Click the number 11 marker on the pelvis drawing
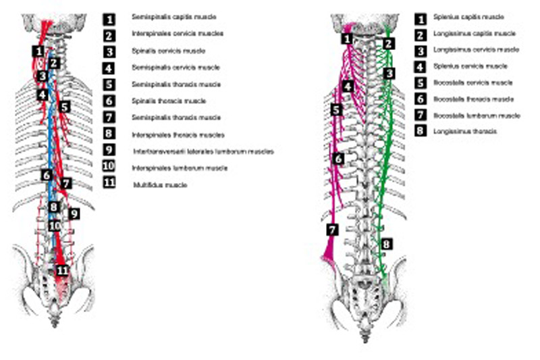[x=63, y=270]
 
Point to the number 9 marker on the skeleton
[x=74, y=213]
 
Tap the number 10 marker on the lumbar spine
[x=54, y=225]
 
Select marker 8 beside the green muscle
[x=386, y=244]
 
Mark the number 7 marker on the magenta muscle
[x=331, y=230]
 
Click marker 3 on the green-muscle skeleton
[x=388, y=73]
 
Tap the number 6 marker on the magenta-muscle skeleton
[x=339, y=159]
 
